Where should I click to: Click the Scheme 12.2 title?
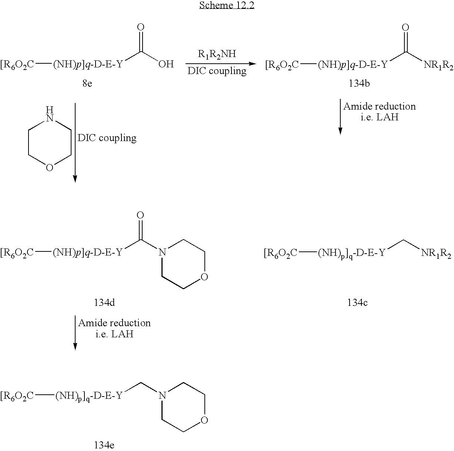point(227,5)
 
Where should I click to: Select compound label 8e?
point(87,83)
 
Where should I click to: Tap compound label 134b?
point(359,83)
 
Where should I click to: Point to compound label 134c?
point(357,303)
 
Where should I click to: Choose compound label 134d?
point(104,303)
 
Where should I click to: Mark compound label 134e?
point(104,445)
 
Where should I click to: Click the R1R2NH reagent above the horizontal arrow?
point(217,54)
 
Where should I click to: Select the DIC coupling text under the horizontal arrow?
point(217,71)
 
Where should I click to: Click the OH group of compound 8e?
point(166,64)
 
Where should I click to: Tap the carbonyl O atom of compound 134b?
point(405,27)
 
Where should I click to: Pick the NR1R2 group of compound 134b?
point(438,65)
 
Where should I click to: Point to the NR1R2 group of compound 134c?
point(436,253)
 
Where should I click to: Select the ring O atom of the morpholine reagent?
point(50,167)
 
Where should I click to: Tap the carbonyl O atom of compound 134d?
point(140,215)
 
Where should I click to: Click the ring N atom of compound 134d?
point(162,253)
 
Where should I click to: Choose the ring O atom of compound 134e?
point(204,420)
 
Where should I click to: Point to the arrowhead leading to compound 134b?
point(253,64)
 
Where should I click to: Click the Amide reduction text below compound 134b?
point(379,107)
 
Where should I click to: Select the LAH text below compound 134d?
point(122,334)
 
